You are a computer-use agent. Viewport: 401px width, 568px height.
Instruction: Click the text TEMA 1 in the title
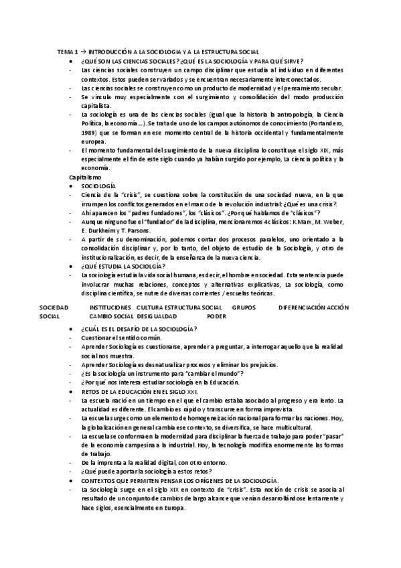68,52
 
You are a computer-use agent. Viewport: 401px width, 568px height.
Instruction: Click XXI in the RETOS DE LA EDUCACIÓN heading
210,390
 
